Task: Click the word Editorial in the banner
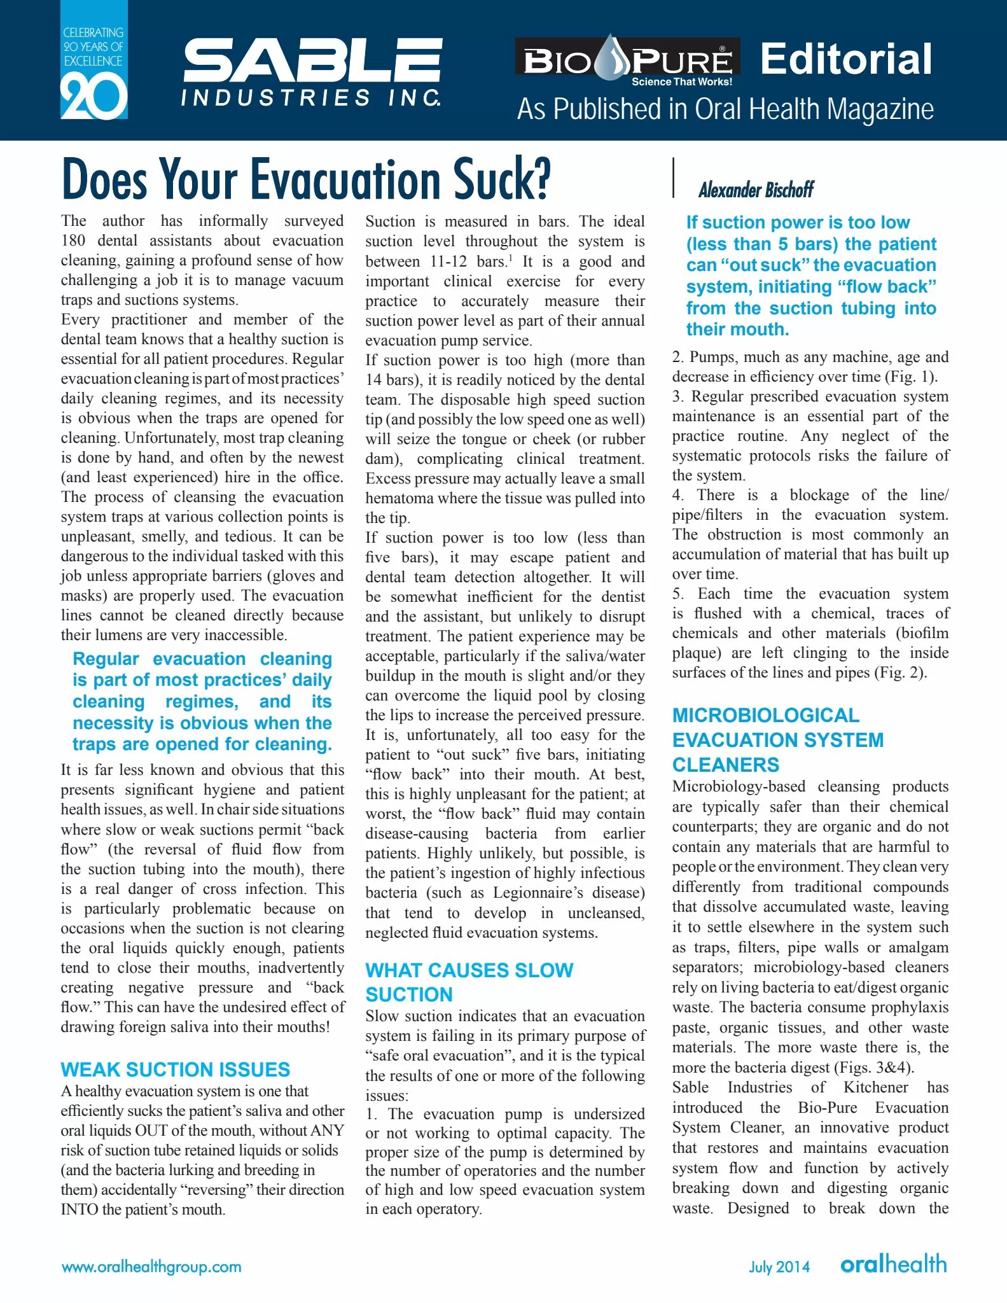pyautogui.click(x=846, y=59)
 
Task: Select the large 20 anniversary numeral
pyautogui.click(x=94, y=97)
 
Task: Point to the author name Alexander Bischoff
pyautogui.click(x=756, y=190)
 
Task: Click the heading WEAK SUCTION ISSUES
pyautogui.click(x=176, y=1070)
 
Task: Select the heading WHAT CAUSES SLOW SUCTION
pyautogui.click(x=469, y=982)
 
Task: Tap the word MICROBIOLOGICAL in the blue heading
pyautogui.click(x=766, y=715)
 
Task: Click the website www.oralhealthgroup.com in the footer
pyautogui.click(x=151, y=1267)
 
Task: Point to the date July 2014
pyautogui.click(x=779, y=1267)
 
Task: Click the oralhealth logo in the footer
pyautogui.click(x=894, y=1264)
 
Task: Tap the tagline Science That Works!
pyautogui.click(x=681, y=81)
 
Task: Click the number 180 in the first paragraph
pyautogui.click(x=74, y=240)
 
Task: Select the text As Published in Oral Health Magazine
pyautogui.click(x=725, y=109)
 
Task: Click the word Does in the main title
pyautogui.click(x=104, y=179)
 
